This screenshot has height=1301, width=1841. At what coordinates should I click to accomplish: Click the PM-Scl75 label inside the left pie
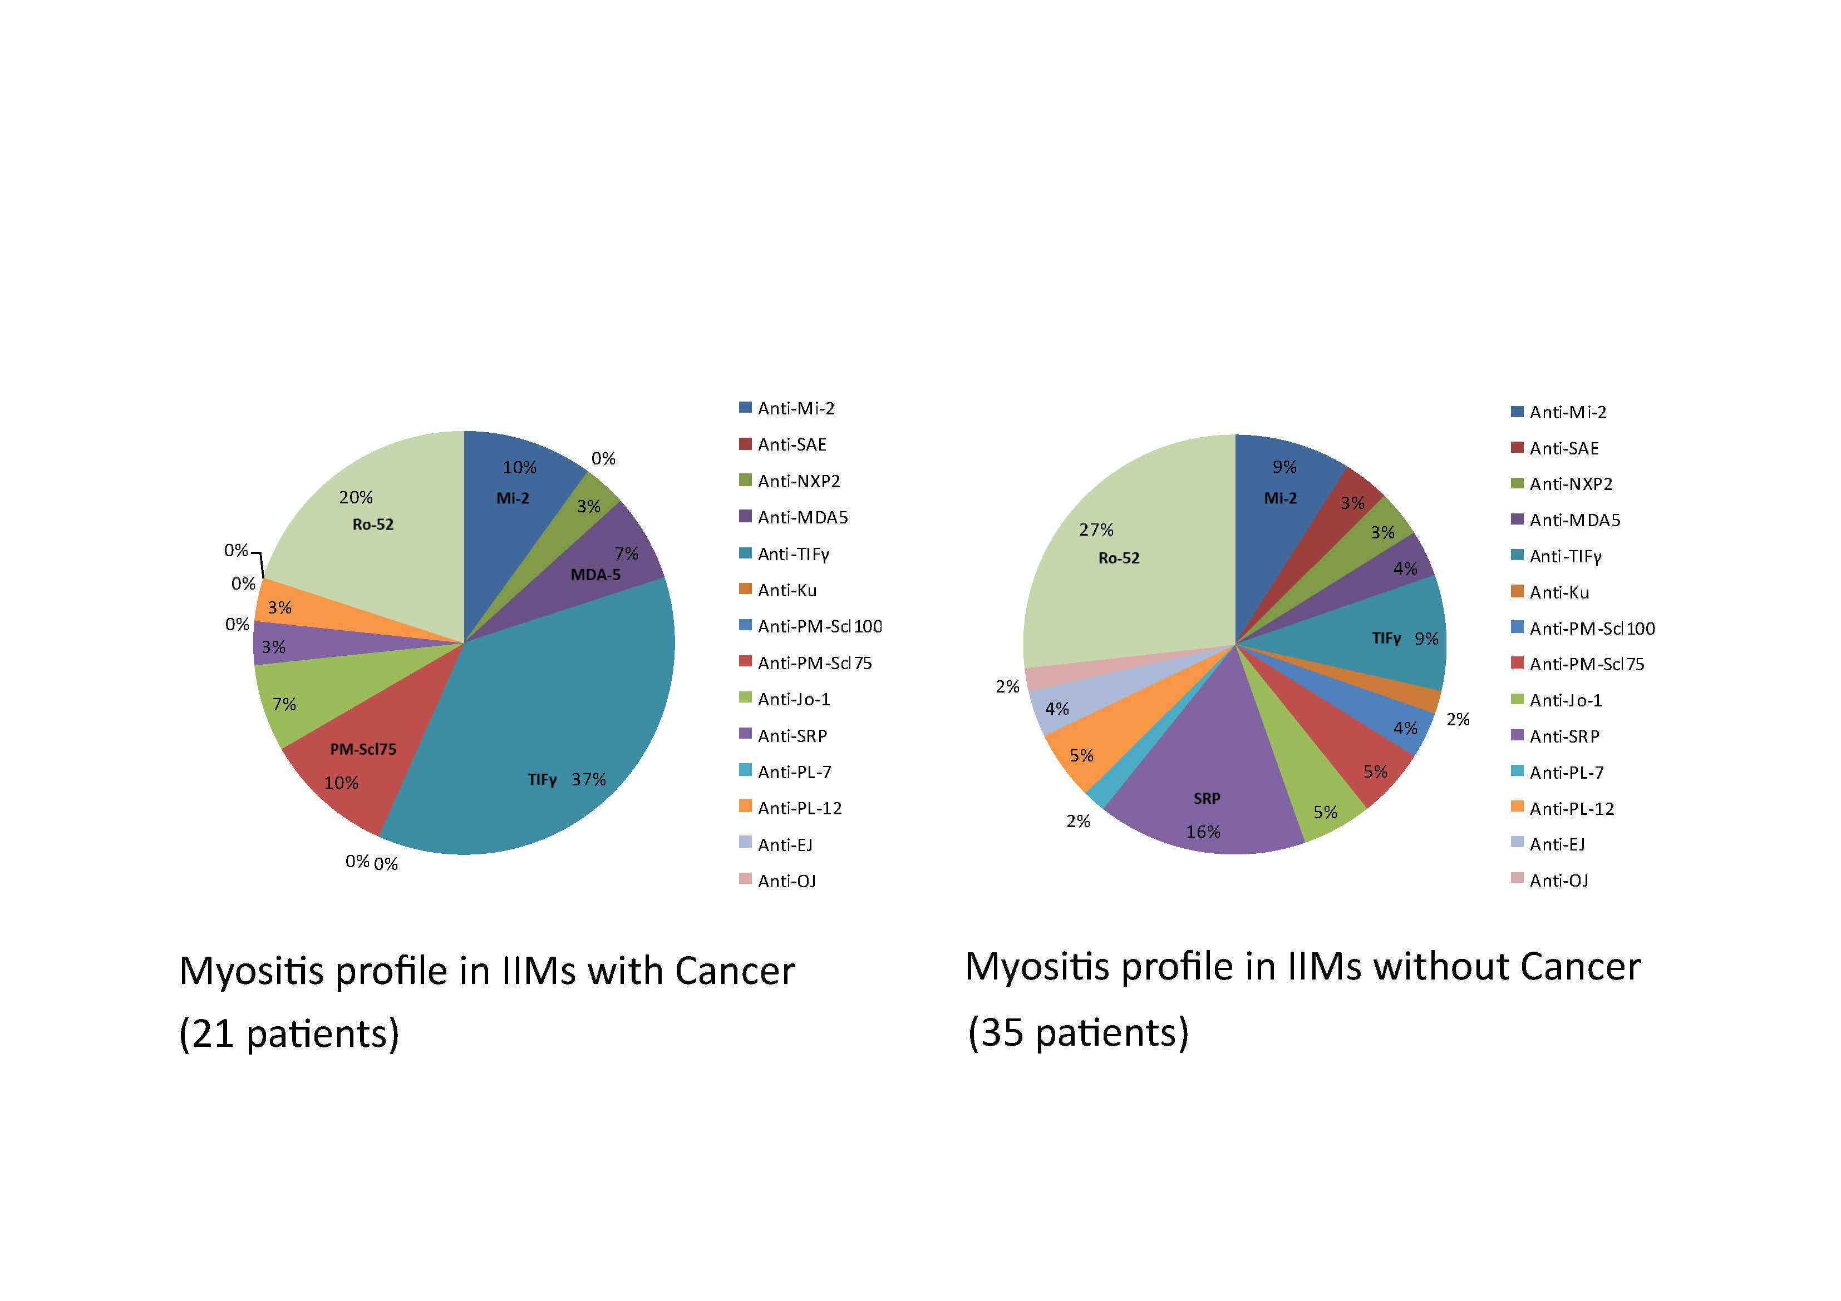[x=363, y=749]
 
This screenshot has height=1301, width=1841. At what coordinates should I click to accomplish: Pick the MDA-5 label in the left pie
[x=595, y=575]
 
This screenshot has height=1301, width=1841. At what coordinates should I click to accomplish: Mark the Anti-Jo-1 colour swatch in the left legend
[x=745, y=698]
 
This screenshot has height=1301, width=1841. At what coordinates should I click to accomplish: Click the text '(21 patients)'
[x=289, y=1033]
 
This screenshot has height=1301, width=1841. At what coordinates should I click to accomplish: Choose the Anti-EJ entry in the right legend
[x=1557, y=845]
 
